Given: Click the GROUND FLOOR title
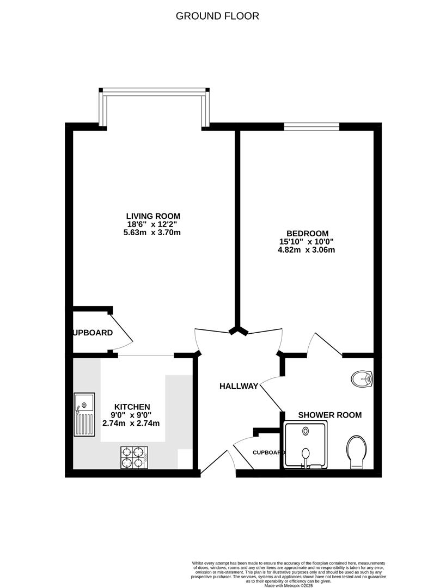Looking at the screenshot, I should tap(217, 16).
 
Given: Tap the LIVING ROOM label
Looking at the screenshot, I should tap(153, 216).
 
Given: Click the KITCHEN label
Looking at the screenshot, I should tap(132, 407).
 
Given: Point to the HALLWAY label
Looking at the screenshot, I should tap(239, 386).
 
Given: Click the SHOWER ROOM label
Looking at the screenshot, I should tap(329, 415).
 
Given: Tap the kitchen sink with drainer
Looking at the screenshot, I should tap(84, 414).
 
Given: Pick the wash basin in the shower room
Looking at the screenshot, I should tap(362, 378).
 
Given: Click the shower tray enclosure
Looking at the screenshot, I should tap(306, 445).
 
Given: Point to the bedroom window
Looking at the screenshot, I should tap(311, 126).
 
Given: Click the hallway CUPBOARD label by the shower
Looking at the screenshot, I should tap(268, 452).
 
